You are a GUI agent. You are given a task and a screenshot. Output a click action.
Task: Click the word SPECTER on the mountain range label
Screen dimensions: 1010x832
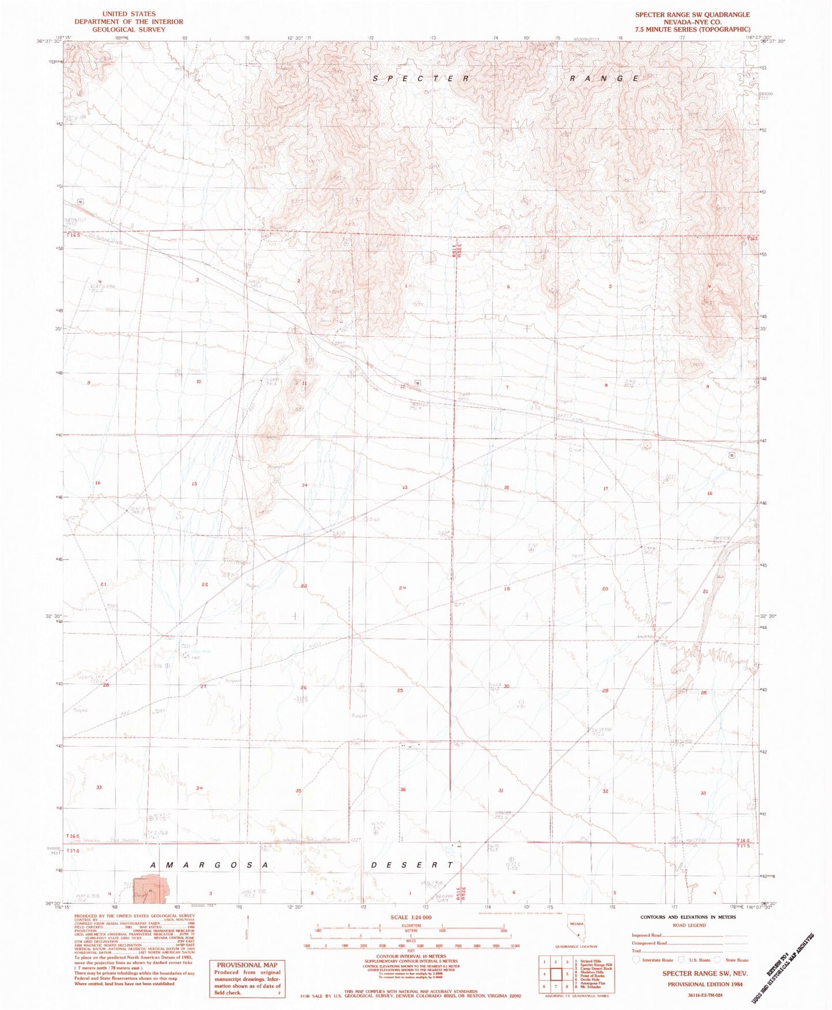pos(421,78)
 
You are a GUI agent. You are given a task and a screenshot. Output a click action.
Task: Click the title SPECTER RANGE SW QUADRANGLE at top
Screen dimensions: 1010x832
pos(692,14)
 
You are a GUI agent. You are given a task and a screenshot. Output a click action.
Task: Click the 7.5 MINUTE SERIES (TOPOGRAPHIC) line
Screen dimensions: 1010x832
pos(692,29)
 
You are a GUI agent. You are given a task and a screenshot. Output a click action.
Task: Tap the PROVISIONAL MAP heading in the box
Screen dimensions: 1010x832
pos(247,965)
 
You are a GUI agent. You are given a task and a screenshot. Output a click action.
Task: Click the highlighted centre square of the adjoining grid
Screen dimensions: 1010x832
pos(556,974)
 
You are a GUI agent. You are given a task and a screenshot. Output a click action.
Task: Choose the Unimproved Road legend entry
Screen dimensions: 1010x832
pos(648,943)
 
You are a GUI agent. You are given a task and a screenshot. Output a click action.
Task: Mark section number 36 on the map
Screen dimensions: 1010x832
pos(403,790)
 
